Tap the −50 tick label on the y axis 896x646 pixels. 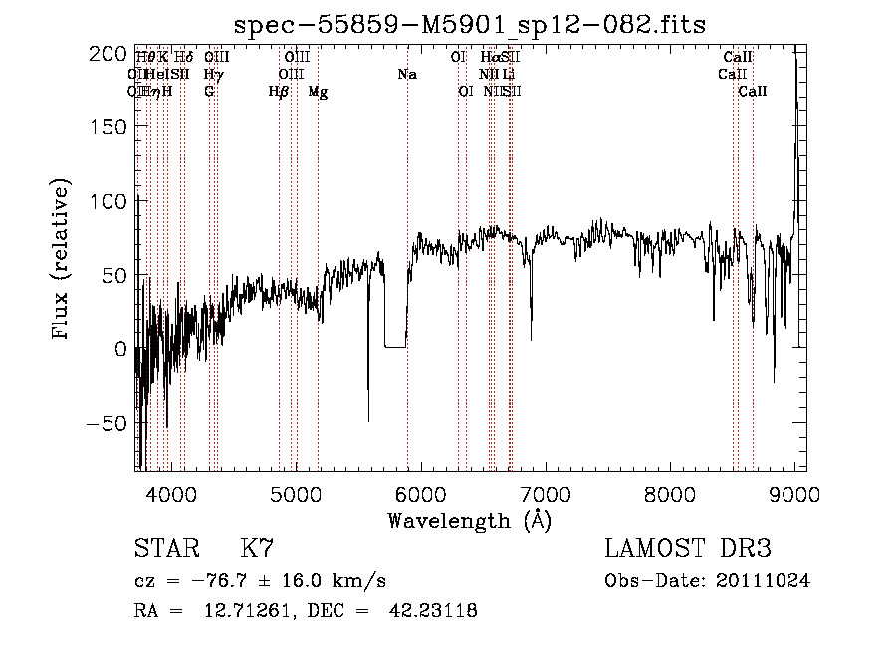[107, 423]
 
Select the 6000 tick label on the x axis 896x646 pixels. [419, 493]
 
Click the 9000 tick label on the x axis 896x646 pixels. [793, 493]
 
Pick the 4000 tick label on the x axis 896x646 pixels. [170, 493]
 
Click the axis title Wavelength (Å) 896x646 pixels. [469, 520]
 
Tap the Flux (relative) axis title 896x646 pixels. [62, 261]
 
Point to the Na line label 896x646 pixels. [406, 75]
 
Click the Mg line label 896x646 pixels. [318, 92]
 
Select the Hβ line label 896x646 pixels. [279, 92]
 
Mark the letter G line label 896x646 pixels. [209, 92]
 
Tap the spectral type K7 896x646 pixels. [257, 549]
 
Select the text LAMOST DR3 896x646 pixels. [687, 549]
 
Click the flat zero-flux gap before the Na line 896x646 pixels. [394, 347]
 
